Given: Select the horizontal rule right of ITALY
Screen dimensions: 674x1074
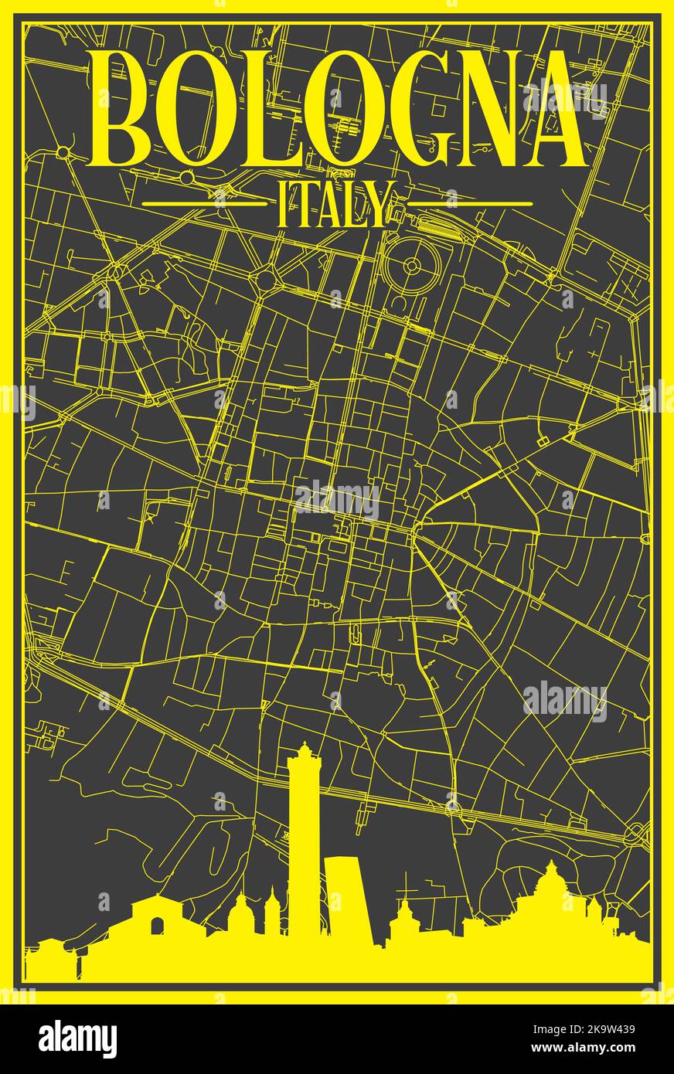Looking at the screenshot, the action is [470, 205].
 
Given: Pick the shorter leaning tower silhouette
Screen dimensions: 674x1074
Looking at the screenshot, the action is [346, 900].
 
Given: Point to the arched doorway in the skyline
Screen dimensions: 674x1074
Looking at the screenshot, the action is [158, 926].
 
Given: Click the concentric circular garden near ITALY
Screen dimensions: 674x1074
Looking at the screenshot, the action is [411, 267].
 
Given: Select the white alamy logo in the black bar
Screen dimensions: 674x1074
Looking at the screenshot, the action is [77, 1039].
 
